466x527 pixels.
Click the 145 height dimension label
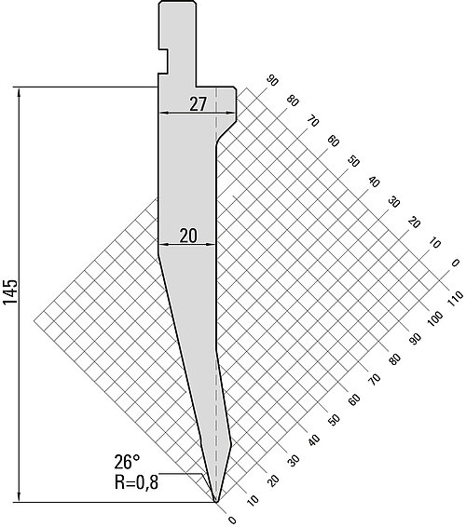coord(10,291)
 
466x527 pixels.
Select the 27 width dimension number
coord(198,104)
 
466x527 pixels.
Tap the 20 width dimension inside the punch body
coord(188,236)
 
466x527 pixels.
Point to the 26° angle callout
coord(127,462)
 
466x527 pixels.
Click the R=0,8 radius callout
coord(136,482)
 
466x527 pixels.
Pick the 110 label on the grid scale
coord(455,299)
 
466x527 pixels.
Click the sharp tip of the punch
coord(216,502)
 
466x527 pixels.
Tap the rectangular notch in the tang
coord(163,61)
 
